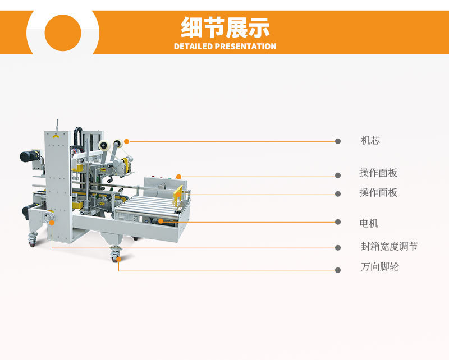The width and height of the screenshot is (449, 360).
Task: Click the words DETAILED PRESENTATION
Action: pos(225,47)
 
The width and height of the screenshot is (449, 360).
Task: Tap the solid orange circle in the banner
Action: pos(63,33)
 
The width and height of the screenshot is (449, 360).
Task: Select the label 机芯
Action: pos(370,140)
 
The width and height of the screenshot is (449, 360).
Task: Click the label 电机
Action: pos(369,223)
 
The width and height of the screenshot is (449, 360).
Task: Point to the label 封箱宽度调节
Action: pos(389,246)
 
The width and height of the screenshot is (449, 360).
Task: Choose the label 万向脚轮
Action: pos(379,267)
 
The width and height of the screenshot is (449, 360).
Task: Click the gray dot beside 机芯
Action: pos(338,141)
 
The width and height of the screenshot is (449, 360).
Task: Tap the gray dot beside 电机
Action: pos(338,222)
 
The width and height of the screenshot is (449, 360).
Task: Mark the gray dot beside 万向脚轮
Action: pos(338,270)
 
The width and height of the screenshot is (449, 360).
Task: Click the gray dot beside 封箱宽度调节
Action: pos(338,247)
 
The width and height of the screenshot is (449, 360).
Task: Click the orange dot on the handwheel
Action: pos(52,223)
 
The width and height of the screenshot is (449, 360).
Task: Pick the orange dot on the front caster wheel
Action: pos(119,260)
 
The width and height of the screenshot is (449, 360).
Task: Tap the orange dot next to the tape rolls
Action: pos(127,141)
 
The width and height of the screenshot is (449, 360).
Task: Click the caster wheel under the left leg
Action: pos(31,241)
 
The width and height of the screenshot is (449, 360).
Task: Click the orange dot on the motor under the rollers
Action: pos(161,221)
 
